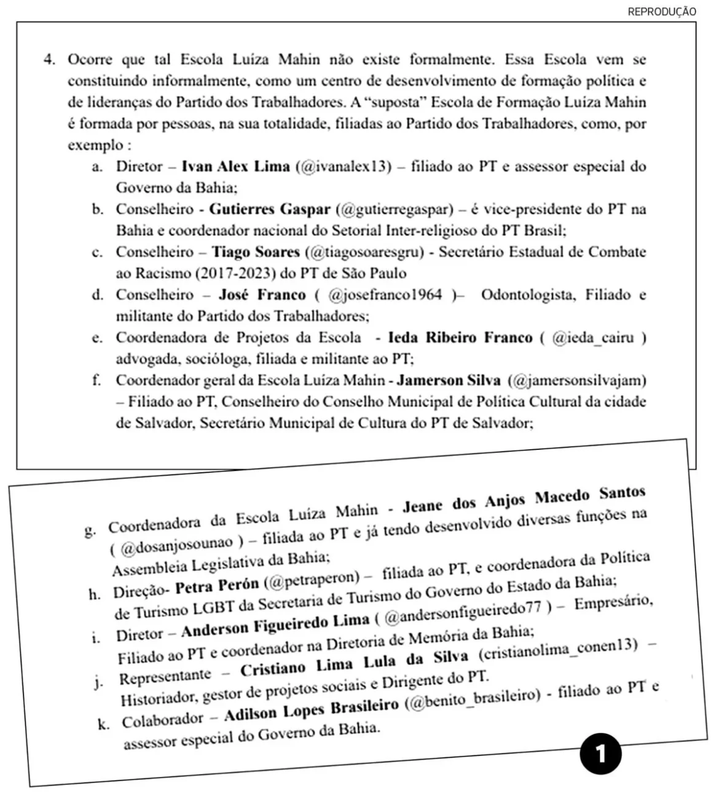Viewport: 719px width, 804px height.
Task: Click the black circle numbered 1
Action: coord(600,752)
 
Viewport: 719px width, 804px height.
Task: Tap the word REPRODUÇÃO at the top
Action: coord(662,12)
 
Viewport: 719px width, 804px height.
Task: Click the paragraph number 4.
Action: coord(49,60)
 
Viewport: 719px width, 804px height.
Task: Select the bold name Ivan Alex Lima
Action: coord(236,167)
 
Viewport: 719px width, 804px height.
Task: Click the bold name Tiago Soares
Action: coord(256,251)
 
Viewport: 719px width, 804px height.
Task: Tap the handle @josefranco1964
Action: coord(385,294)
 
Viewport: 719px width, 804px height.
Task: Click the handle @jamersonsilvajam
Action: coord(578,380)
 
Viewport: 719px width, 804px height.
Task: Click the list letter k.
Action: coord(104,725)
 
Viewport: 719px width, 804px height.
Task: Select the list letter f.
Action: coord(97,380)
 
